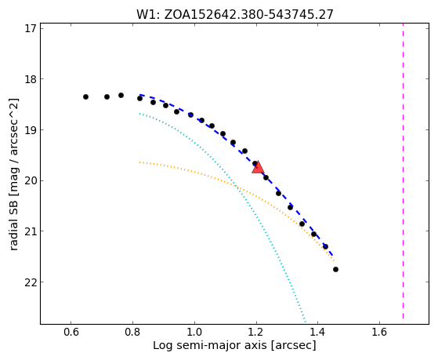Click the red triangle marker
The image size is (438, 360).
pyautogui.click(x=258, y=167)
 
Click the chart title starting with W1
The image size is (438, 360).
pyautogui.click(x=234, y=14)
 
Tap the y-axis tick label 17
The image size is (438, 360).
pyautogui.click(x=31, y=28)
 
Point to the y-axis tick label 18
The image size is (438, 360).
pyautogui.click(x=31, y=79)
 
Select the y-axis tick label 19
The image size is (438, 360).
pyautogui.click(x=31, y=129)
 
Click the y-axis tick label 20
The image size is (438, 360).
pyautogui.click(x=31, y=180)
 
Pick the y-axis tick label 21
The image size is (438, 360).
pyautogui.click(x=31, y=231)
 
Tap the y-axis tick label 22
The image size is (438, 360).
pyautogui.click(x=31, y=282)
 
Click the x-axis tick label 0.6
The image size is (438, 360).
pyautogui.click(x=71, y=332)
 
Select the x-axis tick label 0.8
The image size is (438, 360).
pyautogui.click(x=132, y=332)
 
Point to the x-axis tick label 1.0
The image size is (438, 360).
pyautogui.click(x=194, y=332)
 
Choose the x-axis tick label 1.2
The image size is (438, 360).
pyautogui.click(x=256, y=332)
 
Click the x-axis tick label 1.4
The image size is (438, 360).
pyautogui.click(x=317, y=332)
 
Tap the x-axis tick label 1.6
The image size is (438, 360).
pyautogui.click(x=379, y=332)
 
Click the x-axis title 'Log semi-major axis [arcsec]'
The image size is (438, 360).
pyautogui.click(x=234, y=346)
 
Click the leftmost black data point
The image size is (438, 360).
pyautogui.click(x=85, y=96)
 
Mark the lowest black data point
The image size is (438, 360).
pyautogui.click(x=336, y=269)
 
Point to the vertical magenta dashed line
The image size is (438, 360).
pyautogui.click(x=403, y=171)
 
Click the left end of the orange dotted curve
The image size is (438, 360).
pyautogui.click(x=139, y=162)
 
